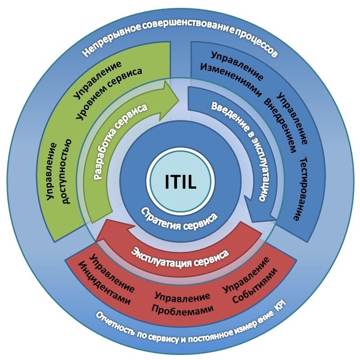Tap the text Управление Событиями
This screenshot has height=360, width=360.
pyautogui.click(x=250, y=281)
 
